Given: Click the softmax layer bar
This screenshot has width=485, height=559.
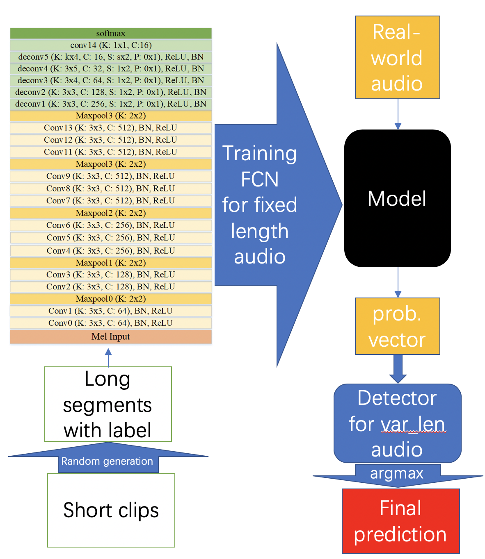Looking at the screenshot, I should click(x=111, y=33).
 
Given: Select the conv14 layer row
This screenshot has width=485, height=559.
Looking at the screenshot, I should click(x=111, y=45).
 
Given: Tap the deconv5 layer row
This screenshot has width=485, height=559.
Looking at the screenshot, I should click(x=111, y=57).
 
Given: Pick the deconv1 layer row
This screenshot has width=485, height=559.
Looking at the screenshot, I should click(x=111, y=104).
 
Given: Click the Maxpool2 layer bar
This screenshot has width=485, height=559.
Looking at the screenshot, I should click(x=111, y=213).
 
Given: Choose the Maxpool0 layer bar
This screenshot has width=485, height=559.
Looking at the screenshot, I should click(x=111, y=299).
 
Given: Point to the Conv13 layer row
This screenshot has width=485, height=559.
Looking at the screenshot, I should click(x=111, y=128).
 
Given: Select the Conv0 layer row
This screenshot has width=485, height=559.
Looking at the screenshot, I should click(x=111, y=323).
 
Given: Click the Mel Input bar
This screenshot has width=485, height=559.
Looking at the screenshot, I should click(x=111, y=336).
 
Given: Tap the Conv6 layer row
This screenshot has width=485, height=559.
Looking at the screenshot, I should click(x=111, y=225).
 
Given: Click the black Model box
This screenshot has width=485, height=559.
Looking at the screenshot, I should click(x=397, y=198).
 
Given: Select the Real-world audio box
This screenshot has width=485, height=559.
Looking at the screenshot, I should click(x=397, y=57).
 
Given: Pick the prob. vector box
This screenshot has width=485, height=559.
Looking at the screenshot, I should click(x=397, y=326).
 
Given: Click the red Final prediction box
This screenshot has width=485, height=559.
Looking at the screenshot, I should click(x=400, y=521).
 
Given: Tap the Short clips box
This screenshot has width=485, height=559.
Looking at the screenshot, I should click(x=111, y=510).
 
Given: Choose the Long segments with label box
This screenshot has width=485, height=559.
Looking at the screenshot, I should click(x=108, y=404).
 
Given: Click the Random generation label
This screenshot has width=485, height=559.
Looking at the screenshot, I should click(x=107, y=461).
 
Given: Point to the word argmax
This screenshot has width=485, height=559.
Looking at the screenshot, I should click(x=397, y=473).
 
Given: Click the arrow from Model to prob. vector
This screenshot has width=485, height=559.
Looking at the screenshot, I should click(x=398, y=282).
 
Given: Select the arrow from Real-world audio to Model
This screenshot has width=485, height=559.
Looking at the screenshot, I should click(x=398, y=114).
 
